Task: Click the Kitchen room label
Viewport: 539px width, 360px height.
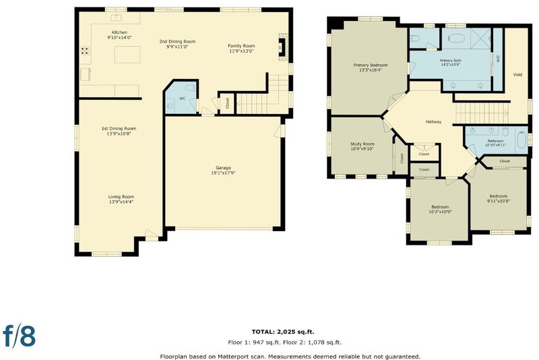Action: point(119,32)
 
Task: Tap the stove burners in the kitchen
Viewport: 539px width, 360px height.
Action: point(85,51)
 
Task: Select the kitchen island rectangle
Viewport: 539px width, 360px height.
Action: point(127,55)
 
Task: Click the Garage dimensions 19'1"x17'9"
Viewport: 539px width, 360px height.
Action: point(223,173)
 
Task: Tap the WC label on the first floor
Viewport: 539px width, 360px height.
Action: point(182,98)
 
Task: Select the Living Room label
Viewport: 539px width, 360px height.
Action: point(121,197)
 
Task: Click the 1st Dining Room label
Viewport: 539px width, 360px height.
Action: point(119,129)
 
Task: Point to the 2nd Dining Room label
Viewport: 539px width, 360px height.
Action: point(177,41)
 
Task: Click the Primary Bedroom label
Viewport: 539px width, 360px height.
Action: point(371,65)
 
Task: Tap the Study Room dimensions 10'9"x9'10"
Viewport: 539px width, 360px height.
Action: point(362,149)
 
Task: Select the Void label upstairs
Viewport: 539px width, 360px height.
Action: point(517,74)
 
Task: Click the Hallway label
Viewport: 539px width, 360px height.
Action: point(433,122)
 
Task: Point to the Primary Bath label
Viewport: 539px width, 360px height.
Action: point(450,61)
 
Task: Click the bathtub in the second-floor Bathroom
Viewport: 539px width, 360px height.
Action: point(521,140)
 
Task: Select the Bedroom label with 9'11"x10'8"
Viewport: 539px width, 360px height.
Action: point(499,196)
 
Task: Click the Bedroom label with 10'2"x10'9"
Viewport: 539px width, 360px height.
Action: point(440,207)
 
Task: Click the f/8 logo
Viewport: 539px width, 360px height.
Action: point(20,335)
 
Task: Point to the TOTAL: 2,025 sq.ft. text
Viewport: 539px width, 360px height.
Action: point(283,332)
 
